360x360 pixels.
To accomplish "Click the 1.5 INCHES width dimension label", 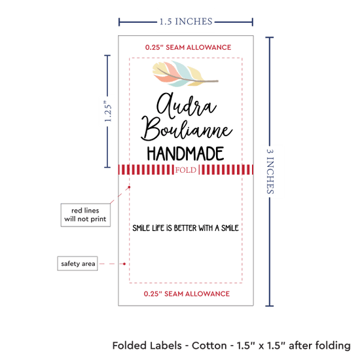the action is pyautogui.click(x=186, y=22).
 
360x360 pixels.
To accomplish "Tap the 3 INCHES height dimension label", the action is pyautogui.click(x=270, y=171).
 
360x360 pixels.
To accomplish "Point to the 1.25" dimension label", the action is pyautogui.click(x=108, y=111).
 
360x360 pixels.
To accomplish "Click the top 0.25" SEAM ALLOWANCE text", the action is pyautogui.click(x=188, y=48).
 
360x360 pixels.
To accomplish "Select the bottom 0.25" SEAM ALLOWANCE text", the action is pyautogui.click(x=187, y=294).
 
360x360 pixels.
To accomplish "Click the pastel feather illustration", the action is pyautogui.click(x=185, y=74).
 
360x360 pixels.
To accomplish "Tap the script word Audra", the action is pyautogui.click(x=187, y=105).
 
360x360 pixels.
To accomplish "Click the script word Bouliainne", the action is pyautogui.click(x=187, y=129).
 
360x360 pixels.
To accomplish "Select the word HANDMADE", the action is pyautogui.click(x=185, y=154).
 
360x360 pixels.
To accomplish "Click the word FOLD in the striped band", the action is pyautogui.click(x=186, y=170).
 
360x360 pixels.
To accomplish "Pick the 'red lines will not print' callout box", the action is pyautogui.click(x=85, y=215).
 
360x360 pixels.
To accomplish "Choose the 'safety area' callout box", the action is pyautogui.click(x=78, y=264).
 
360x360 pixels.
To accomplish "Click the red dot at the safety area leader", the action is pyautogui.click(x=124, y=264).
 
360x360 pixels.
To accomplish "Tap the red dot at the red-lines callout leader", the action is pyautogui.click(x=129, y=187).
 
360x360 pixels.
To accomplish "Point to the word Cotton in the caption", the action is pyautogui.click(x=209, y=346).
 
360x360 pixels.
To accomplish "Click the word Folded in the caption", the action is pyautogui.click(x=147, y=346).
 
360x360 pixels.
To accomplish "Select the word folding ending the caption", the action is pyautogui.click(x=333, y=346).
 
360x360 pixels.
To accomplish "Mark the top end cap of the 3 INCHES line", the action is pyautogui.click(x=270, y=37).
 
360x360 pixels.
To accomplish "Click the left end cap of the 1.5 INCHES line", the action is pyautogui.click(x=119, y=22).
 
